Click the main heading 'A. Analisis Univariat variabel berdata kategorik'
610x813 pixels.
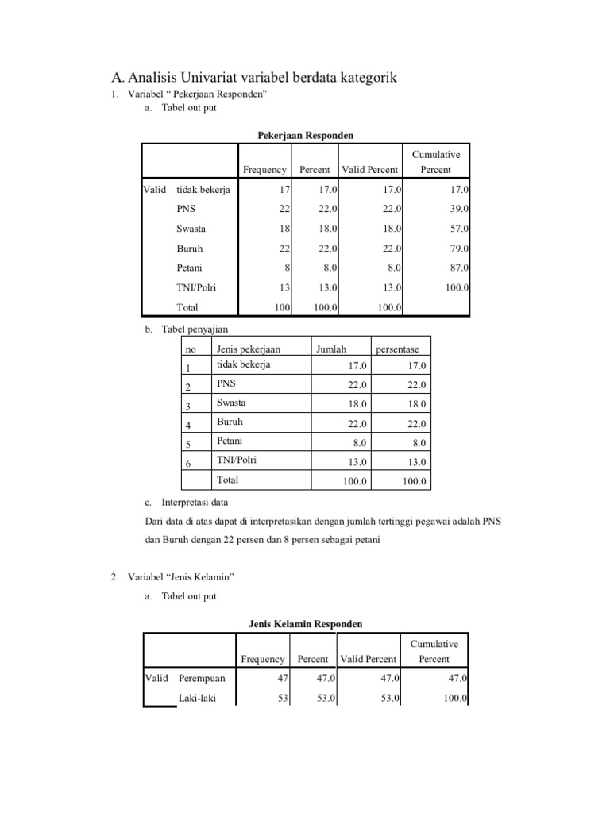tap(253, 77)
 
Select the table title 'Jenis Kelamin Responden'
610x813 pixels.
tap(306, 624)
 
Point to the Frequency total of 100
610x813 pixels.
tap(282, 307)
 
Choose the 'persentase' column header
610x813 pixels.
tap(403, 349)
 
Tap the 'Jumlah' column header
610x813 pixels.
tap(332, 349)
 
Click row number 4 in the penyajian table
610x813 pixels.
tap(188, 425)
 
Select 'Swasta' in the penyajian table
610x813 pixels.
tap(231, 403)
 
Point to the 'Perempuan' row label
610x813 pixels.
tap(202, 679)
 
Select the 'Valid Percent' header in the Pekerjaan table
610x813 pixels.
tap(369, 170)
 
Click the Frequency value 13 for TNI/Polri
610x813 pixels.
tap(284, 287)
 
